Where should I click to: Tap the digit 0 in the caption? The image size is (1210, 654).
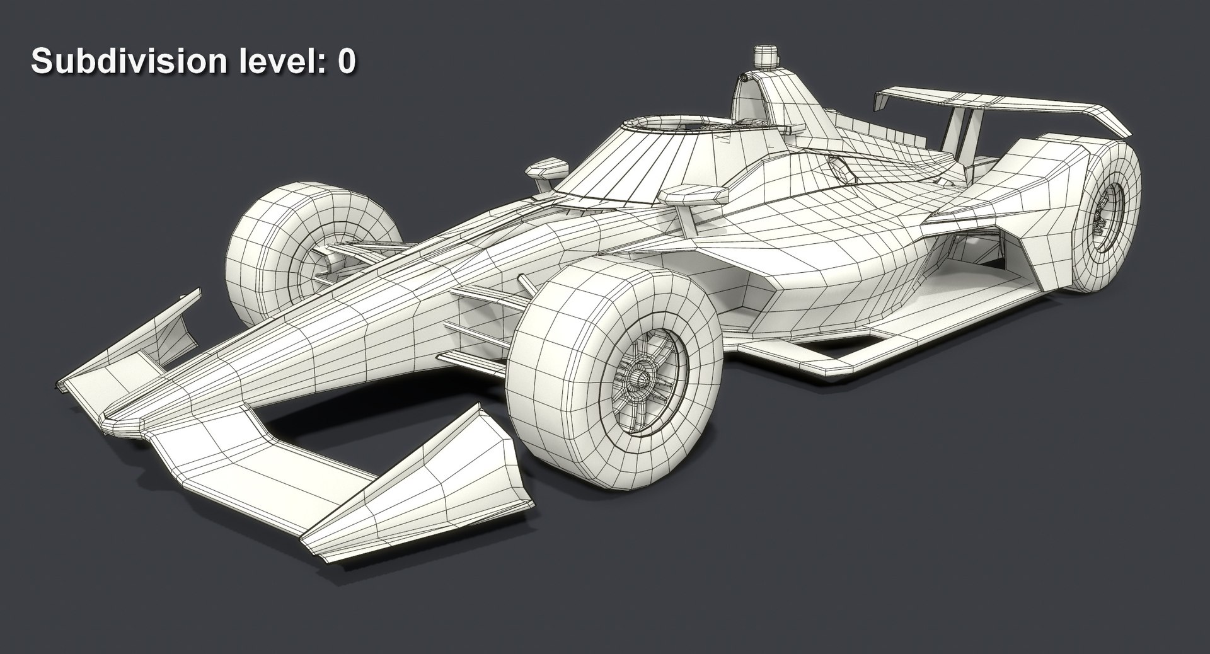click(346, 61)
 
